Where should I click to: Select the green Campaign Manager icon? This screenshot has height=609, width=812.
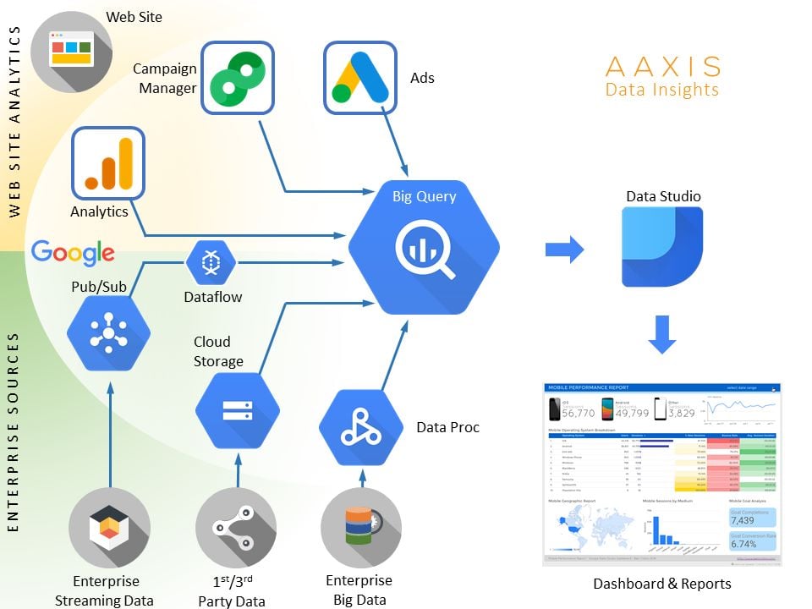point(238,77)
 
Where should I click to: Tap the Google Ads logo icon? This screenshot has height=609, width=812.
point(360,77)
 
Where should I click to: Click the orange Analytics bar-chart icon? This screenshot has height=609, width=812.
point(108,163)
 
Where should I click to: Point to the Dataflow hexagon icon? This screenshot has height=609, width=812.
point(209,264)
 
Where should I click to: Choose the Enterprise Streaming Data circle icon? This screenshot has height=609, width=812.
point(110,529)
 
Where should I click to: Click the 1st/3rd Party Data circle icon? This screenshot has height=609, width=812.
point(236,529)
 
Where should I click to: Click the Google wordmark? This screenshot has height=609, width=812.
point(73,252)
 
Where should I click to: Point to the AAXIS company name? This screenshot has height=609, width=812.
point(663,66)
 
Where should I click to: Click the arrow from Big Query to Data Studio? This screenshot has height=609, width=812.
point(564,249)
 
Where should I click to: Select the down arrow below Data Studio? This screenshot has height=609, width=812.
point(662,333)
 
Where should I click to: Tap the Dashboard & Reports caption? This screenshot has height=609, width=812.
point(662,584)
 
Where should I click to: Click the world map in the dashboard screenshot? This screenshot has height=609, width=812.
point(588,529)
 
